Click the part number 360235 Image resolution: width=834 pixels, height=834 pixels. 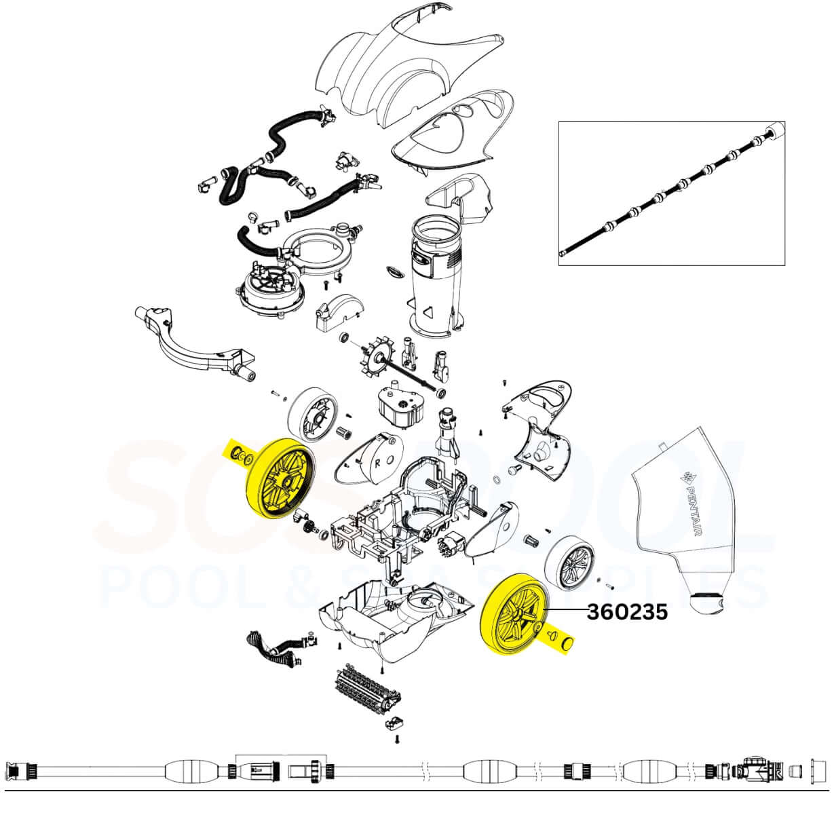point(627,612)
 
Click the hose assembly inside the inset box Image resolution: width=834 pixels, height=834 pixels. point(672,193)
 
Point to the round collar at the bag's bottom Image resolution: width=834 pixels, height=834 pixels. point(704,603)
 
